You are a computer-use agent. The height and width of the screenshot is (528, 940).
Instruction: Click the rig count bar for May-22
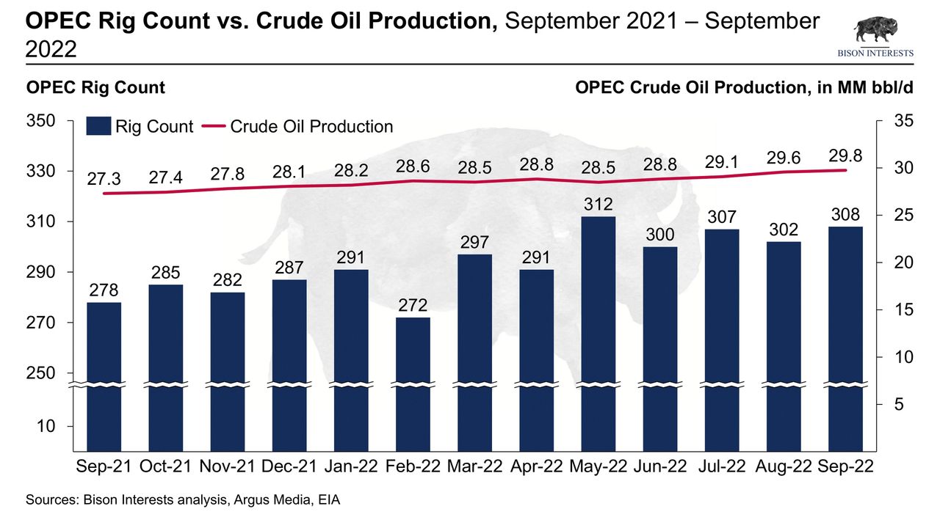[x=598, y=330]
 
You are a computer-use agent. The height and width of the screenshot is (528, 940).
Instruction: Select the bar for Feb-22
[x=413, y=381]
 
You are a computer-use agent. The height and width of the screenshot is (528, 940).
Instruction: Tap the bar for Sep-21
[x=104, y=374]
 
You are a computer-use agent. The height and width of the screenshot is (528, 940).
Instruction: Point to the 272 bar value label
[x=413, y=305]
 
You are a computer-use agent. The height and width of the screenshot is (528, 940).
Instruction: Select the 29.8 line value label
[x=845, y=155]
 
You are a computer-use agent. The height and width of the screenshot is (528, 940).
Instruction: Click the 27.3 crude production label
[x=104, y=179]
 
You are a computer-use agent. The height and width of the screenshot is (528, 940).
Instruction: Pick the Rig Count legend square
[x=98, y=126]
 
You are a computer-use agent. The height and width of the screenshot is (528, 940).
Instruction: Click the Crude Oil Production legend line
[x=210, y=126]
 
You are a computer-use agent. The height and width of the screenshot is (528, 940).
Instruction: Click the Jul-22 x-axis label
[x=722, y=467]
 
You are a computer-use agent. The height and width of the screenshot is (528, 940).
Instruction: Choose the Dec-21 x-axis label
[x=289, y=467]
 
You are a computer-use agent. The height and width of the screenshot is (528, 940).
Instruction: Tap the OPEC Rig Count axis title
[x=95, y=88]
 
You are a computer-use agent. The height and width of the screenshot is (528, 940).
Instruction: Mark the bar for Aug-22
[x=784, y=345]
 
